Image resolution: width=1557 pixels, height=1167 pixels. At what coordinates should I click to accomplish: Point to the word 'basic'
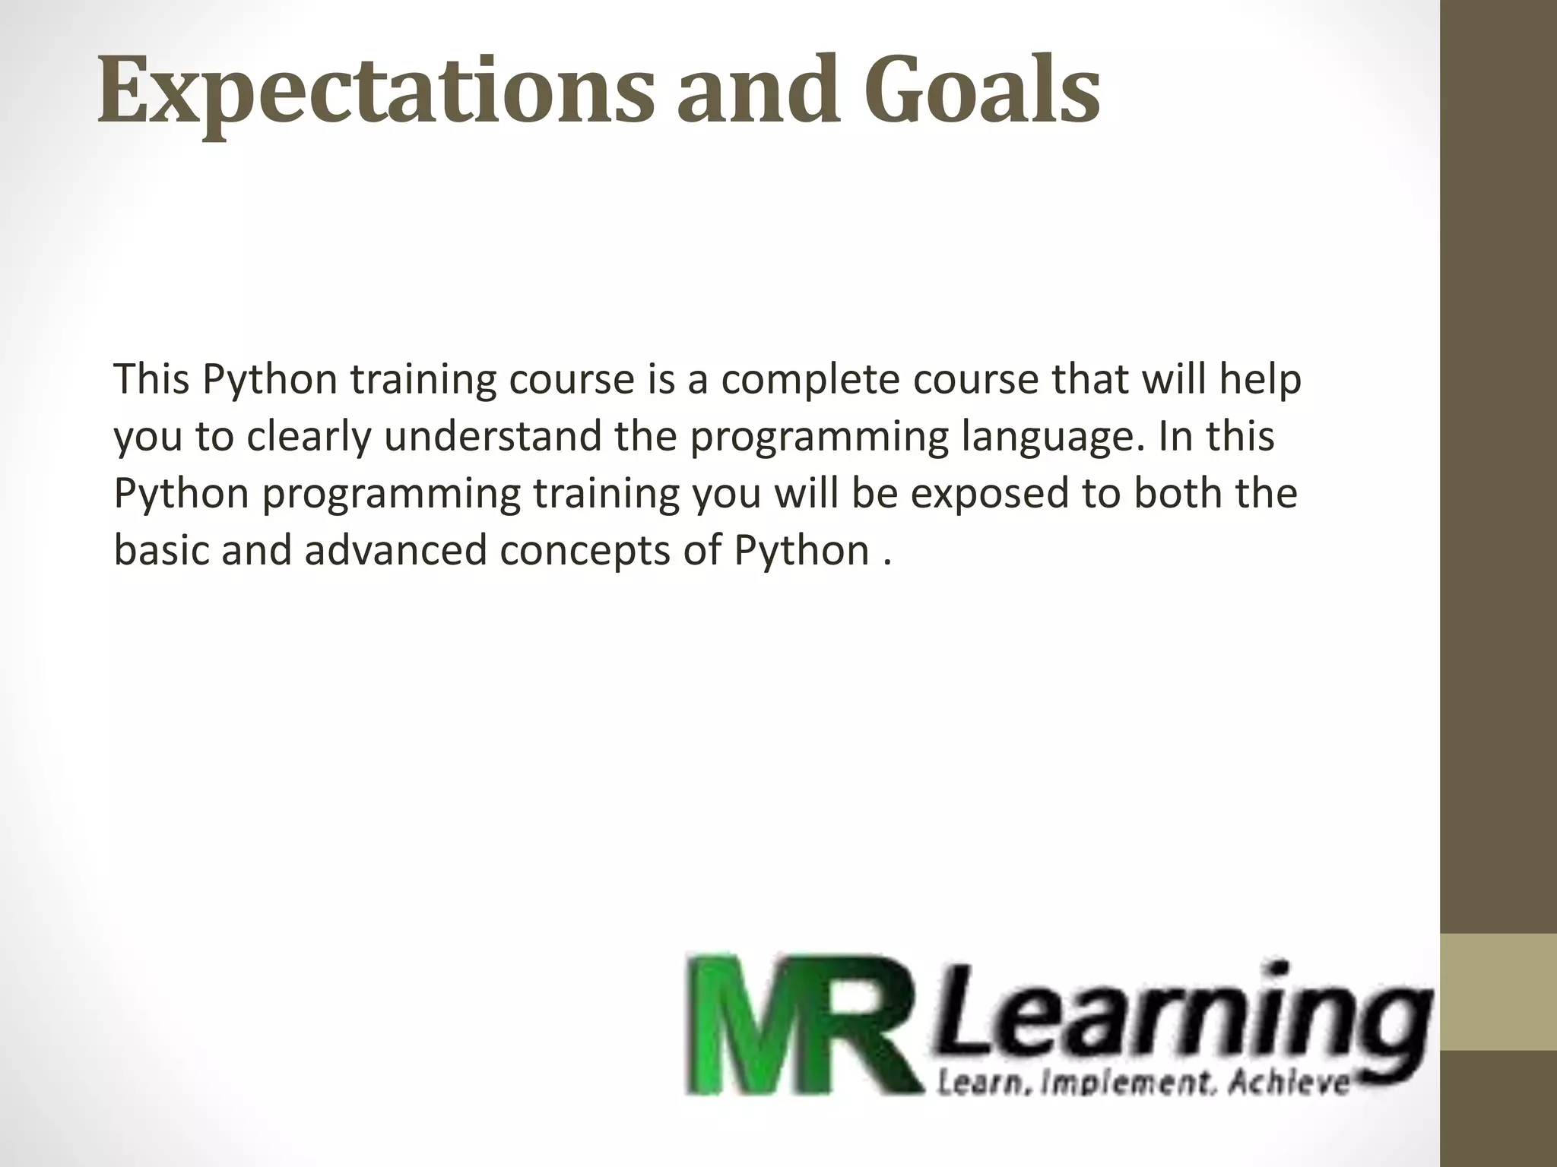click(x=160, y=550)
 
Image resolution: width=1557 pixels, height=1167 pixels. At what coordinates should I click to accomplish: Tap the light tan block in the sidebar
click(x=1498, y=991)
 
